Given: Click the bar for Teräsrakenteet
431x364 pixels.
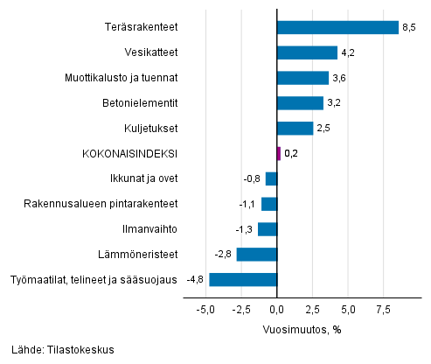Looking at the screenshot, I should (337, 27).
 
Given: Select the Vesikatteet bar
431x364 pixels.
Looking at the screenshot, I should (306, 52).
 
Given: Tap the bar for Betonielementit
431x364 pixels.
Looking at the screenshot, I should (299, 103).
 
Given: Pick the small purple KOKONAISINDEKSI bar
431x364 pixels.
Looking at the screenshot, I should (278, 153).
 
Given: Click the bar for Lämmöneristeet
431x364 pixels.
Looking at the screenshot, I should (256, 255).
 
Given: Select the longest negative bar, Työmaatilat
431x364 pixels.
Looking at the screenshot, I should (242, 280).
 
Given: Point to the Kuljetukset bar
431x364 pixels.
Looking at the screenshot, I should (294, 129).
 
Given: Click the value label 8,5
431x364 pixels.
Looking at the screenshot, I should (408, 27).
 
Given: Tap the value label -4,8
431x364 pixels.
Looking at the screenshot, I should (195, 280).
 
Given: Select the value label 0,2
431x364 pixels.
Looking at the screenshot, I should (291, 153).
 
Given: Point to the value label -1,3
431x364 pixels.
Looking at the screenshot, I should (245, 229).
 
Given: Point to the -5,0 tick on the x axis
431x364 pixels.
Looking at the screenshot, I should (205, 310).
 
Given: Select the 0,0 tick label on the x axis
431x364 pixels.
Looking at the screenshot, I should (276, 310).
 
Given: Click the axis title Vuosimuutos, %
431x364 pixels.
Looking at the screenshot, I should (301, 330).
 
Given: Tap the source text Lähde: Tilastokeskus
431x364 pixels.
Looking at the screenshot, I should (63, 349).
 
